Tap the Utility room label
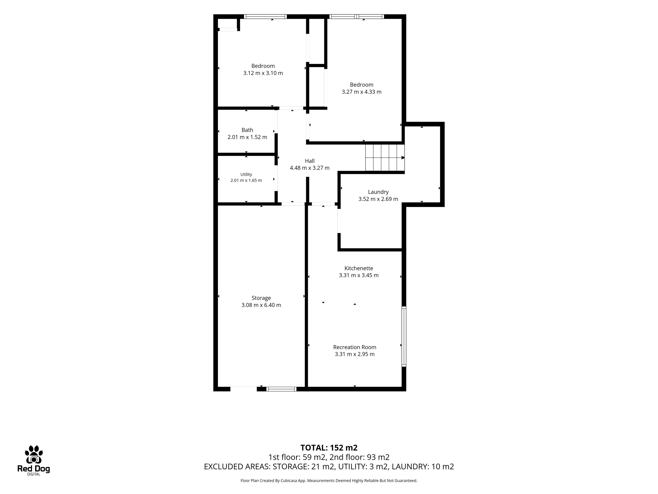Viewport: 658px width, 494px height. tap(246, 174)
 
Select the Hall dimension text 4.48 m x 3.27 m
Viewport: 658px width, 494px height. tap(310, 168)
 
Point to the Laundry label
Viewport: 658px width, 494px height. tap(378, 192)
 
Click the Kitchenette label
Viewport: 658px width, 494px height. tap(359, 268)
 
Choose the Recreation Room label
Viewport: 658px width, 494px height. tap(355, 347)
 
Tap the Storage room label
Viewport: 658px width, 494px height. tap(261, 298)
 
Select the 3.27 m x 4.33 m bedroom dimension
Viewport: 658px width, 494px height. tap(361, 92)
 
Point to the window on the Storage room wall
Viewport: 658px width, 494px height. tap(281, 389)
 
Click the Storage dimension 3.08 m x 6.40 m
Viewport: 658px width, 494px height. tap(261, 305)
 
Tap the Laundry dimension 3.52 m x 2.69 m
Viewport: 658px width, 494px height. tap(378, 199)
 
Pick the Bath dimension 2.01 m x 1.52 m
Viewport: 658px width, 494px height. tap(247, 137)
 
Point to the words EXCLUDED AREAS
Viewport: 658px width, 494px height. tap(237, 467)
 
